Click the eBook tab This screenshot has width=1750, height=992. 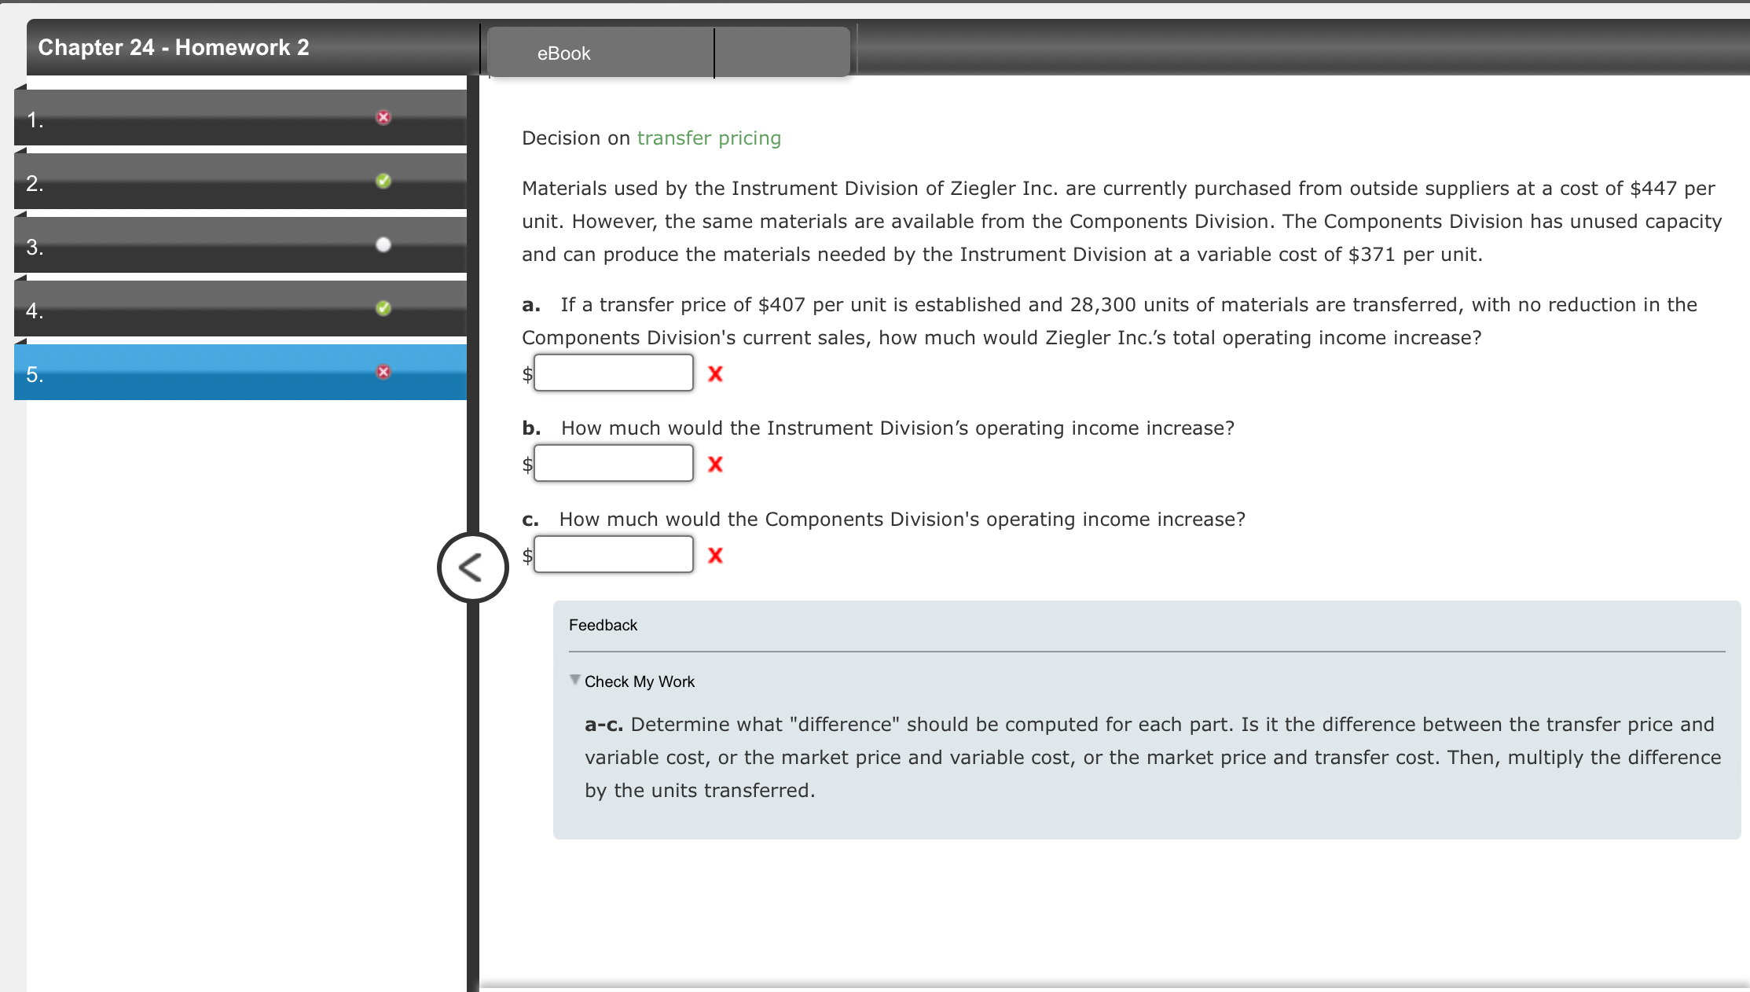[x=563, y=53]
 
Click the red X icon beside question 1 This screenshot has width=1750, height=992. [x=383, y=117]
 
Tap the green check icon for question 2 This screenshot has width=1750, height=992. [x=383, y=181]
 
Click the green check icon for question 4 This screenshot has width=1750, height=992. [x=383, y=308]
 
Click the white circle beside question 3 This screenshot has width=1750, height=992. [x=383, y=244]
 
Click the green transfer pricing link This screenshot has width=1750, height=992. [x=708, y=138]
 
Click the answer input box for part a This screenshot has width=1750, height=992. [x=613, y=373]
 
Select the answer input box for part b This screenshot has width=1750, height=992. [x=613, y=463]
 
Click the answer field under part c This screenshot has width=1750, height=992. [x=613, y=554]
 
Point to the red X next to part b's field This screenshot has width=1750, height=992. [x=715, y=465]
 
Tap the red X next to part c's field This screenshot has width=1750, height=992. [x=715, y=556]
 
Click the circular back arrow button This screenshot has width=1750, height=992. [x=472, y=568]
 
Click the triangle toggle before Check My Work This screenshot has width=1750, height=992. [x=575, y=680]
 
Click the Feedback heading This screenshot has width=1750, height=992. [x=603, y=625]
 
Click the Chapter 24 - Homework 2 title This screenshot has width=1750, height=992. [x=174, y=47]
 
